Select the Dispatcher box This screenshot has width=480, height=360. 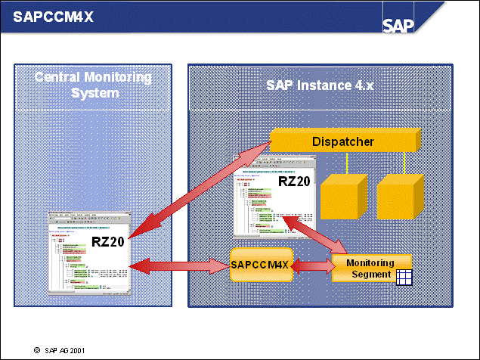344,141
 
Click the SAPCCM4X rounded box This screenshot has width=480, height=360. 260,265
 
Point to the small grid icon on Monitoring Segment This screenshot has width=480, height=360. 404,277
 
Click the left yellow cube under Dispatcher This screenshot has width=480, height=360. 343,194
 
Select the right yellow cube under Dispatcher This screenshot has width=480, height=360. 400,194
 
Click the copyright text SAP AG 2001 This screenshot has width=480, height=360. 64,351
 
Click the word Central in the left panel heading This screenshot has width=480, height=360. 61,77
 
